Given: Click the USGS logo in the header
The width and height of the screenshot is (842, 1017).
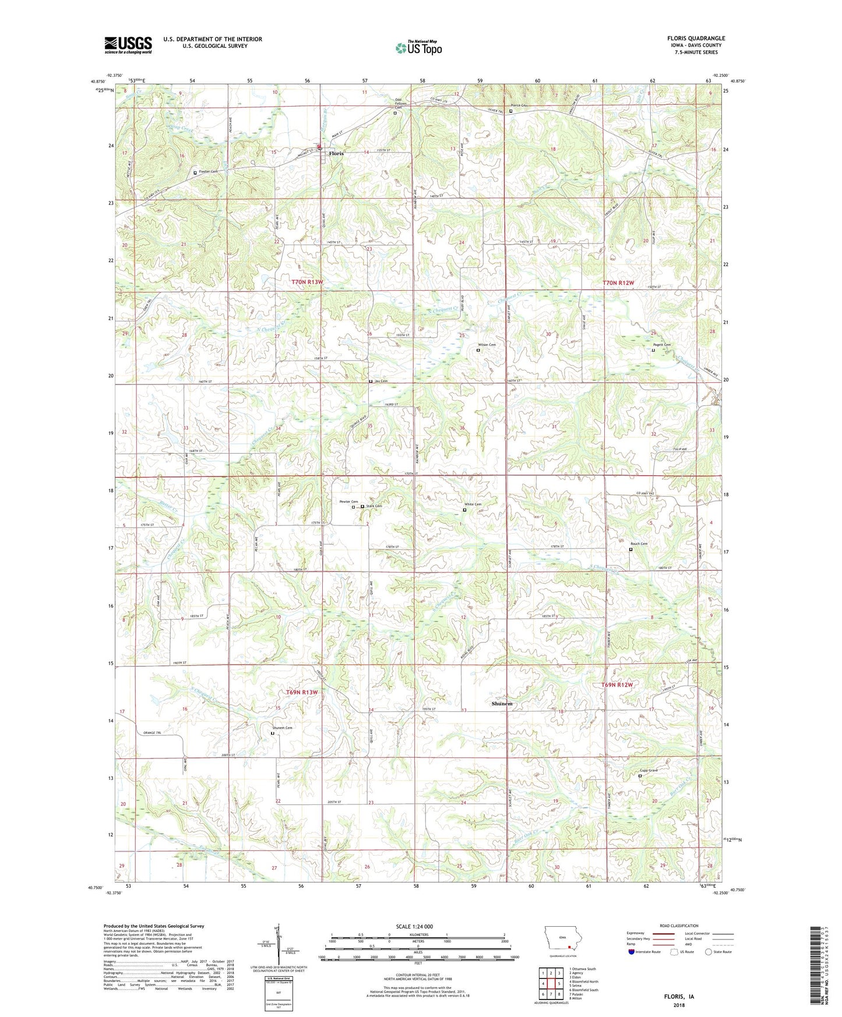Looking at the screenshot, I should pos(128,45).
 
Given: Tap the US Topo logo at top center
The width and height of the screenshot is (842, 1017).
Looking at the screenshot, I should pos(418,48).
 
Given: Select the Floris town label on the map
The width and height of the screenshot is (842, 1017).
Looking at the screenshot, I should pos(336,153).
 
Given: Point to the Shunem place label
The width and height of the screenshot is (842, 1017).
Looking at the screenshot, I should pos(502,704).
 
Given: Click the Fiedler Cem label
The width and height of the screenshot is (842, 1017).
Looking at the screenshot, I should pos(209,172).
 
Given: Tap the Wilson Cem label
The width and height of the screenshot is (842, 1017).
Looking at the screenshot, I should pos(487,345).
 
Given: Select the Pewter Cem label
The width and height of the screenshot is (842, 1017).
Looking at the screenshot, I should pos(348,502).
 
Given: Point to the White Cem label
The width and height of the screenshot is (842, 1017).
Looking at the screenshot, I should pos(473,504).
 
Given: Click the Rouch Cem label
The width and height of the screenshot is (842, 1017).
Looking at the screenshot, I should pos(639,544).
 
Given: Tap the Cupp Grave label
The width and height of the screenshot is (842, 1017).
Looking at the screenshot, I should pos(648,771).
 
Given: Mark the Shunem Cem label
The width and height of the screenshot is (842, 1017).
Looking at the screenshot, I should pos(282,728).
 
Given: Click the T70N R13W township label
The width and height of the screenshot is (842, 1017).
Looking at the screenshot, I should pos(307,282).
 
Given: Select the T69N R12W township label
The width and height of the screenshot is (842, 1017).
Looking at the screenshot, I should pos(617,685).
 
